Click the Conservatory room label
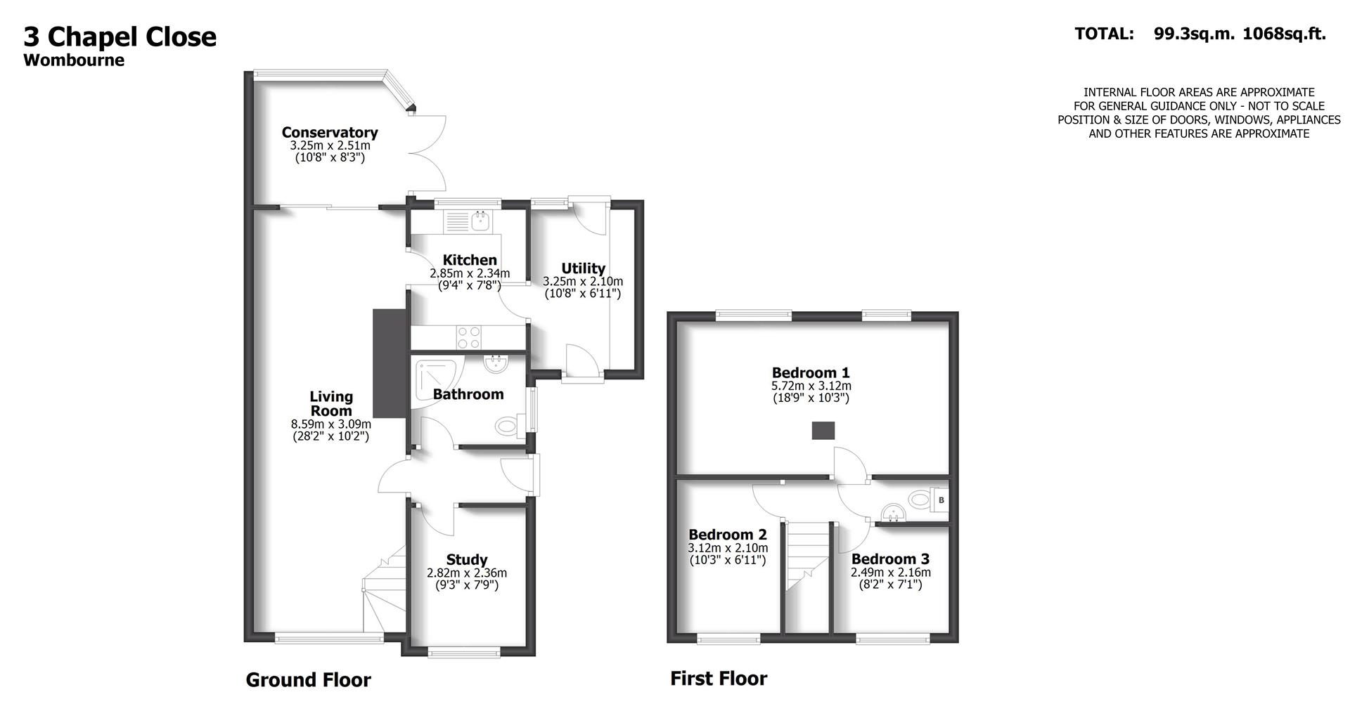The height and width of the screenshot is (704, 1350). [x=330, y=132]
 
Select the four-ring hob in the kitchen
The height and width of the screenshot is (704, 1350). [x=469, y=337]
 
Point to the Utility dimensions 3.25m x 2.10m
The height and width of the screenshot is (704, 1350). [x=583, y=281]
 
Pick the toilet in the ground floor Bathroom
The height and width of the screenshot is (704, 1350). [x=507, y=426]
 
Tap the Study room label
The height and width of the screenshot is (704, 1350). [x=467, y=559]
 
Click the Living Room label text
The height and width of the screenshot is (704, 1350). [x=331, y=404]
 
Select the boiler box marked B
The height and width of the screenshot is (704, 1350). [x=941, y=500]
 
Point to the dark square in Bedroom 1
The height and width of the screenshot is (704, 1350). [x=823, y=431]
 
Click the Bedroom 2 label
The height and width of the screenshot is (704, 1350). [x=728, y=535]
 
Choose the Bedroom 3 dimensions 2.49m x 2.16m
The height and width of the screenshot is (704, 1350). [x=890, y=573]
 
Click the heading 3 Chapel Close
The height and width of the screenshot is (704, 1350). [x=120, y=37]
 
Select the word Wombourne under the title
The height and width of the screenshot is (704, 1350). [x=74, y=60]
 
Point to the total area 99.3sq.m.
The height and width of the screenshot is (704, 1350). [x=1194, y=34]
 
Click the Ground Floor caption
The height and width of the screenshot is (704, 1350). [x=308, y=680]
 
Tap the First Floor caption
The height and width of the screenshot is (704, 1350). [x=718, y=679]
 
